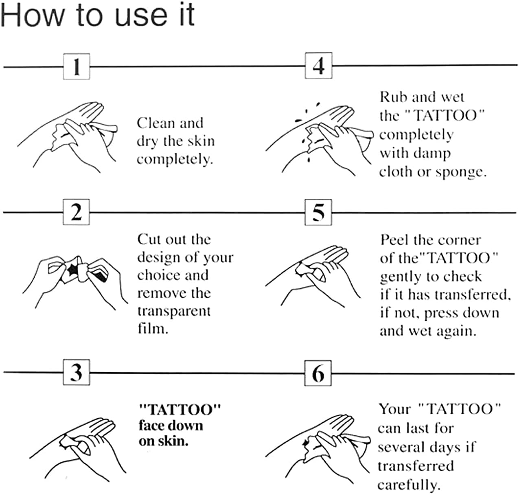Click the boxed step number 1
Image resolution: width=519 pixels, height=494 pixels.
click(x=77, y=66)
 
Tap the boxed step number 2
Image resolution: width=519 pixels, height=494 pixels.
click(x=76, y=212)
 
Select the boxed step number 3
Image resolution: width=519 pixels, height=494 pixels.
click(x=77, y=372)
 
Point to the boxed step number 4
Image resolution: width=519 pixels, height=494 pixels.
click(x=319, y=66)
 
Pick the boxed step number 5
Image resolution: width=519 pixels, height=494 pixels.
click(x=318, y=213)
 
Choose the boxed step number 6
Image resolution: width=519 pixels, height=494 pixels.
click(x=318, y=373)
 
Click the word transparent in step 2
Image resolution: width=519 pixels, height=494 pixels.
click(x=174, y=311)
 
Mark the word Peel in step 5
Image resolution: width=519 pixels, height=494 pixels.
click(x=395, y=240)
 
